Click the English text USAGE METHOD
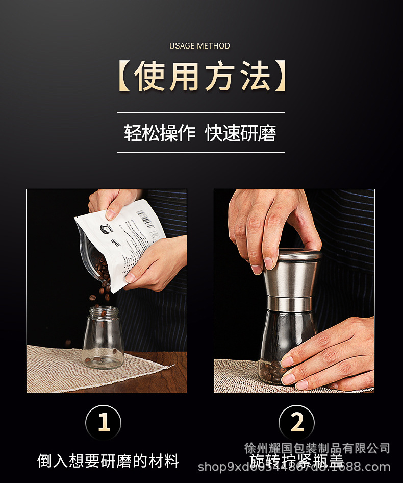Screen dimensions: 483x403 pos(200,46)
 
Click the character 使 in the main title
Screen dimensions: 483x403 pos(150,77)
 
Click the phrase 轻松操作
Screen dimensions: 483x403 pos(160,133)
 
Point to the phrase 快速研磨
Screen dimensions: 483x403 pos(241,133)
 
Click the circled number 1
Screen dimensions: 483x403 pos(104,423)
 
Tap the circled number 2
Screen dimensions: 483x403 pos(297,423)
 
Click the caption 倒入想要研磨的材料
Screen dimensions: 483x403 pos(108,461)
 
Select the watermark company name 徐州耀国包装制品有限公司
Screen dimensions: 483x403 pos(317,448)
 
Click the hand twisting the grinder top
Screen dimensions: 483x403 pos(270,225)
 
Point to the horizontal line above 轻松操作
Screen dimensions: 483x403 pos(201,112)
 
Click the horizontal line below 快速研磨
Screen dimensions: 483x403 pos(201,152)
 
